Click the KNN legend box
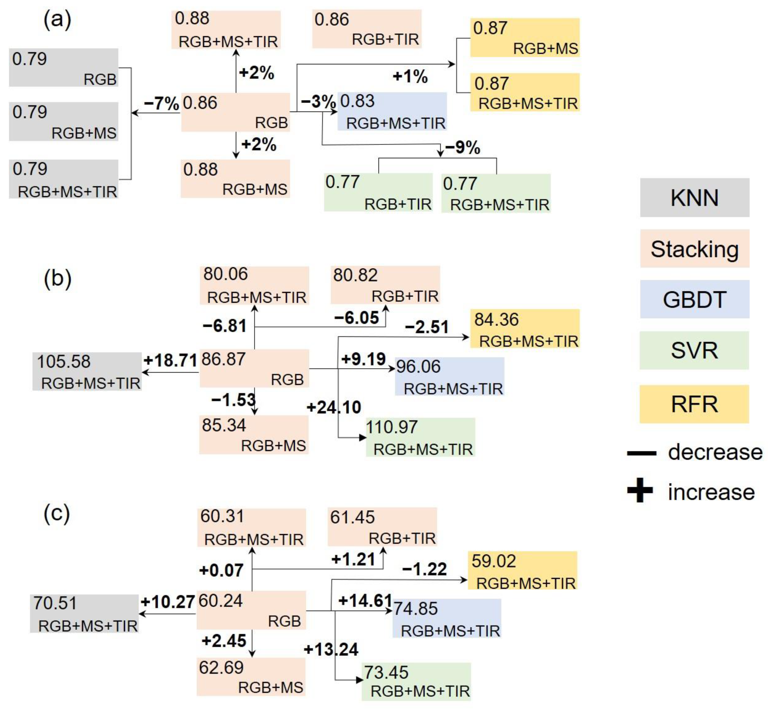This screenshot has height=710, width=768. [x=694, y=197]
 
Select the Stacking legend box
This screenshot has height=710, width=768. [x=694, y=249]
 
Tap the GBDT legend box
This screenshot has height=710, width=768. [x=694, y=299]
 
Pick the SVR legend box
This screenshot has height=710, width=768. [x=694, y=350]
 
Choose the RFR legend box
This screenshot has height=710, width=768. [x=694, y=404]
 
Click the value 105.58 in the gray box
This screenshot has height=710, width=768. [x=64, y=361]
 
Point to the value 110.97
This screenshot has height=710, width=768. [x=392, y=427]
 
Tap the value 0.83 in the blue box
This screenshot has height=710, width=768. [x=357, y=101]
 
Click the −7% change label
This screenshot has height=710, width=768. [x=161, y=103]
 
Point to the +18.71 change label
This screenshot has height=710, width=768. [x=170, y=360]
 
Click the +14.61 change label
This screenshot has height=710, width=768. [x=365, y=600]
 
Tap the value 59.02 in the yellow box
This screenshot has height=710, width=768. [x=493, y=561]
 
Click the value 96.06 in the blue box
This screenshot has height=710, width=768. [x=418, y=366]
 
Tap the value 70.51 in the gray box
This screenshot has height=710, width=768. [x=55, y=603]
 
